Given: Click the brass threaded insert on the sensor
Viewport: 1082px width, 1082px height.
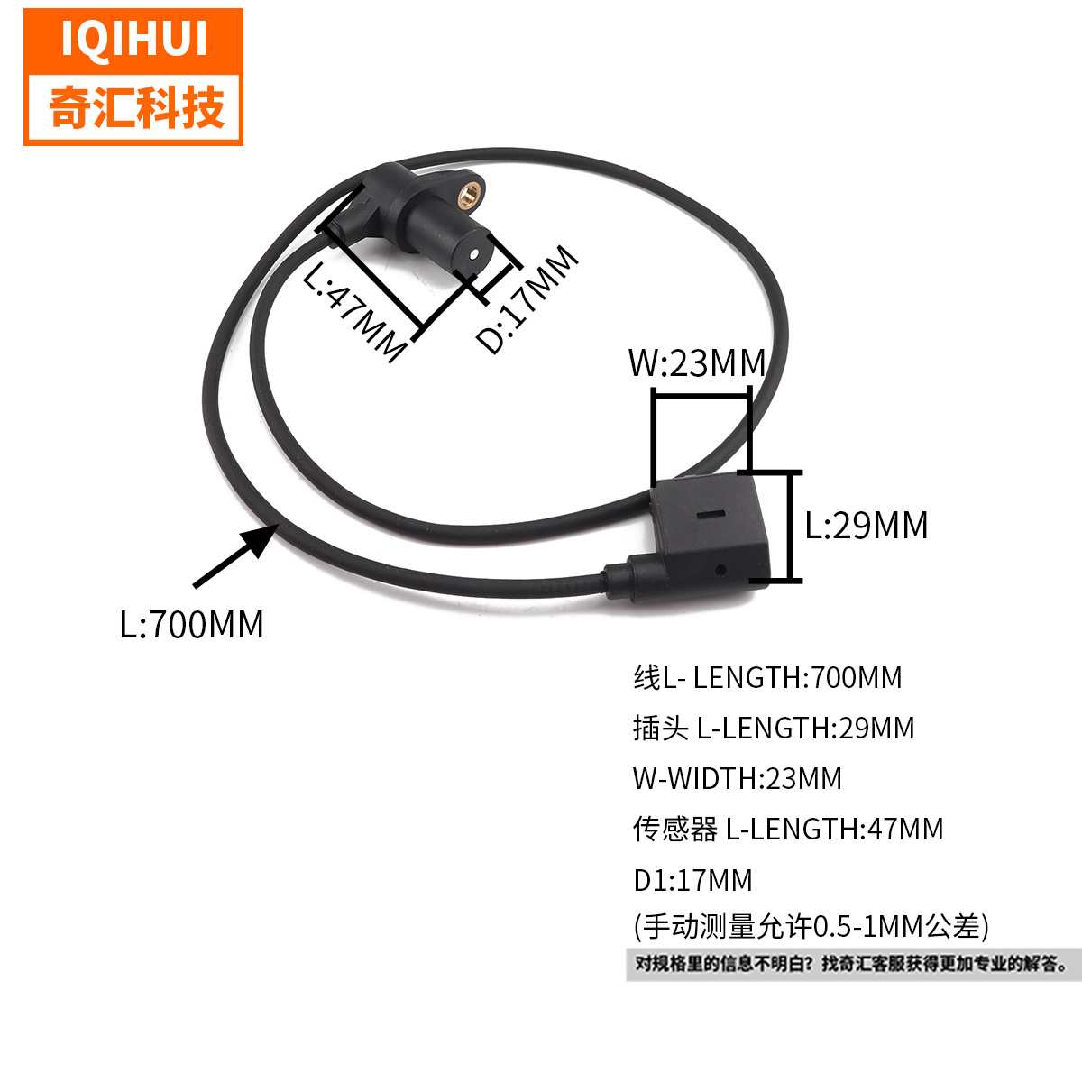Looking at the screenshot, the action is click(468, 195).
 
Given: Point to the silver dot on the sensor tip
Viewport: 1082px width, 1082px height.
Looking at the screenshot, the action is click(475, 254).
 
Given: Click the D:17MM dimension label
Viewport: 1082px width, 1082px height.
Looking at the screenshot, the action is click(527, 299).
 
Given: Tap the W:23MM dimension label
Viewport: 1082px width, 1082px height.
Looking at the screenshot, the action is click(697, 362).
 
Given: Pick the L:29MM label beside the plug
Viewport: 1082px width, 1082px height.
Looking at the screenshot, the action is click(867, 526).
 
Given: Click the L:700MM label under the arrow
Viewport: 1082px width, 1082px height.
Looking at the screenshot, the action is click(191, 624).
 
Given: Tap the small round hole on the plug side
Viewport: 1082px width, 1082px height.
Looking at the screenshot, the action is click(721, 571).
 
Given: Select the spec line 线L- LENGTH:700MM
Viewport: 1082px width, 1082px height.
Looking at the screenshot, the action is click(767, 678).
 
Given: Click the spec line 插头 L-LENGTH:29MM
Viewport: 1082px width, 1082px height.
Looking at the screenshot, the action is click(774, 729).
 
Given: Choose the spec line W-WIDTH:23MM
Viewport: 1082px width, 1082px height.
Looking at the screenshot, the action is click(738, 779).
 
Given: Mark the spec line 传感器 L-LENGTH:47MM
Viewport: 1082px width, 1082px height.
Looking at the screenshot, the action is click(788, 830).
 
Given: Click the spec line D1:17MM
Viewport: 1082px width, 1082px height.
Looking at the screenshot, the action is click(692, 880).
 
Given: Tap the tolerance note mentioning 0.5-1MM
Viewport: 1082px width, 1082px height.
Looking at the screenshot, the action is click(811, 927).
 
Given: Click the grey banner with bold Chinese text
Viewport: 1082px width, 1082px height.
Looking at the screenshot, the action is click(854, 965).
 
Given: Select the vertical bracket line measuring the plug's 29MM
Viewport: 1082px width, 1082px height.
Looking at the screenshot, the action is click(793, 526).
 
